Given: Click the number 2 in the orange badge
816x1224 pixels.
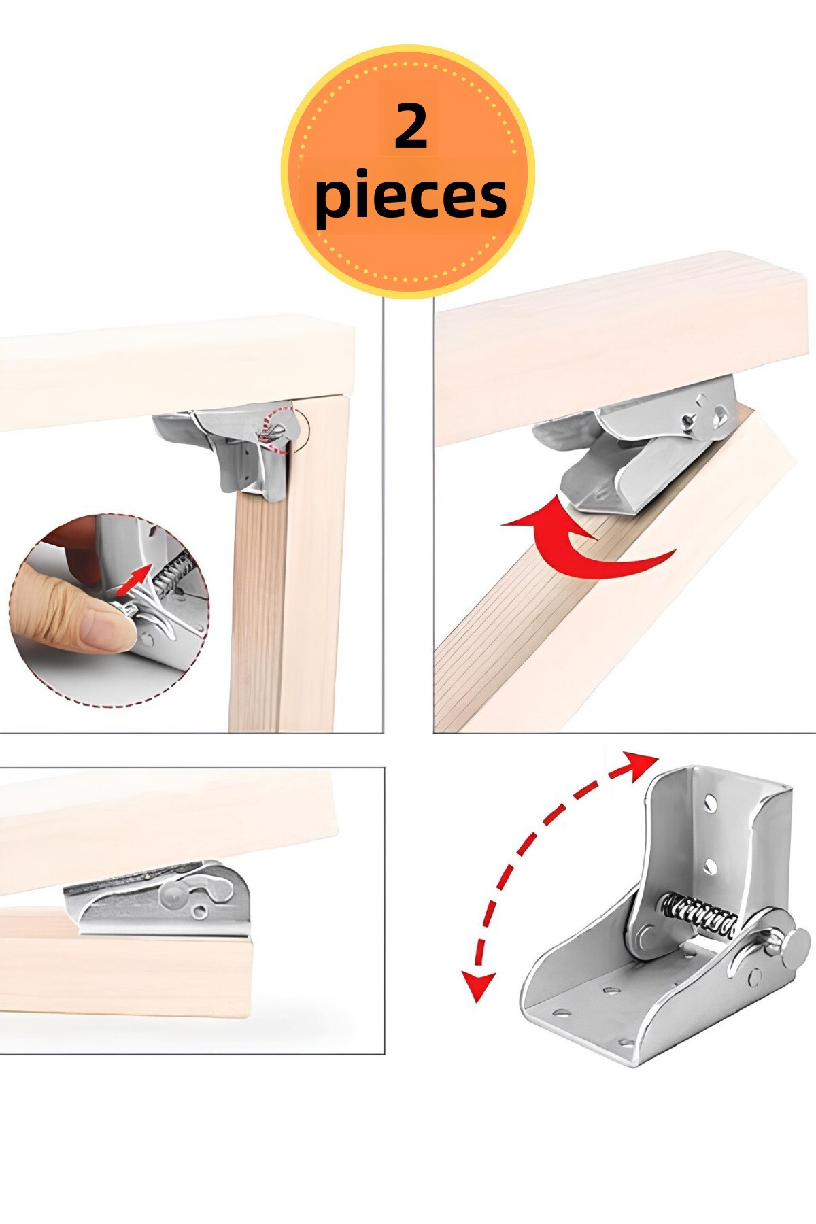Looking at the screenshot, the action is point(411,126).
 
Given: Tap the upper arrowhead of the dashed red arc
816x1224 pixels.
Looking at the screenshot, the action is point(642,764).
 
